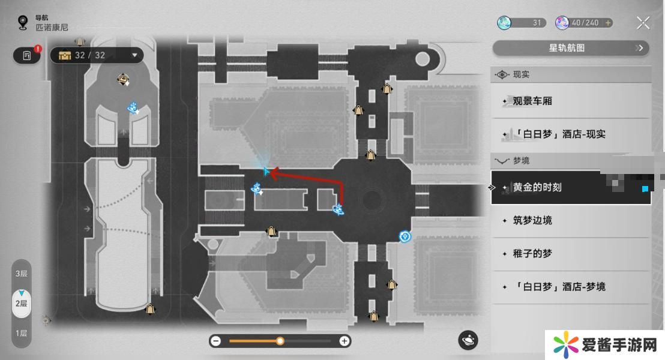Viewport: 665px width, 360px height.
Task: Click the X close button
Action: click(x=643, y=22)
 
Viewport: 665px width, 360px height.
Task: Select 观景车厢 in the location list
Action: click(x=571, y=101)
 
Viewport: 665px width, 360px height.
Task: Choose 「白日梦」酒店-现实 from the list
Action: click(x=571, y=134)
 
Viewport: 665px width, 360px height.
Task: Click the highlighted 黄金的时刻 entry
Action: click(x=571, y=187)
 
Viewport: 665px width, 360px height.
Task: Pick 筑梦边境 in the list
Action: click(x=571, y=220)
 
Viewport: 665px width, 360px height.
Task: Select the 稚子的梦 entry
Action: click(x=571, y=254)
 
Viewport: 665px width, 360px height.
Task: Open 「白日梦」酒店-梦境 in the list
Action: click(x=571, y=287)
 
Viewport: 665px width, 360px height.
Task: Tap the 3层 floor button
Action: click(x=21, y=274)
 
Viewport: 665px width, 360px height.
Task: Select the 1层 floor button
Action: click(x=21, y=333)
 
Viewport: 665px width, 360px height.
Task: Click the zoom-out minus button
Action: click(x=216, y=341)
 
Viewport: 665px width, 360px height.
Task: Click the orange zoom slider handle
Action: click(x=280, y=341)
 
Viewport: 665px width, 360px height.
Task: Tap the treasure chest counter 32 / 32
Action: click(x=97, y=55)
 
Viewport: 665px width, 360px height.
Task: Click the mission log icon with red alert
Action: click(x=27, y=55)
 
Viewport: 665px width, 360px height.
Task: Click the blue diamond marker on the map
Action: click(x=405, y=236)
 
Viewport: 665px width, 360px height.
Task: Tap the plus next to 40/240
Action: click(x=608, y=23)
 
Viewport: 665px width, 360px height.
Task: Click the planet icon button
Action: click(x=468, y=340)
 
